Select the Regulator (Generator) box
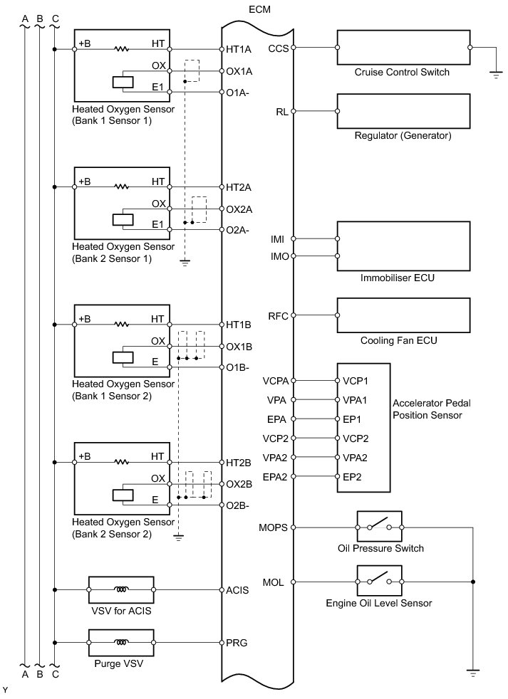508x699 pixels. click(x=403, y=111)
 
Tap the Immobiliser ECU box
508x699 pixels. click(x=403, y=245)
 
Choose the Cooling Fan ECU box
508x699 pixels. click(x=403, y=315)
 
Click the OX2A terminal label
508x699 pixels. click(x=239, y=209)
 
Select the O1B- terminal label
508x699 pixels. click(x=239, y=368)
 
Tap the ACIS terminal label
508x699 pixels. click(x=237, y=589)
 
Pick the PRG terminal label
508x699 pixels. click(x=236, y=643)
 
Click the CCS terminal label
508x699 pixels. click(x=279, y=48)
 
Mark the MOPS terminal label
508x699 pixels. click(x=275, y=527)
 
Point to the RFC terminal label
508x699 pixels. click(x=278, y=316)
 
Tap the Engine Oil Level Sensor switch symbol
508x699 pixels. click(x=379, y=582)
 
